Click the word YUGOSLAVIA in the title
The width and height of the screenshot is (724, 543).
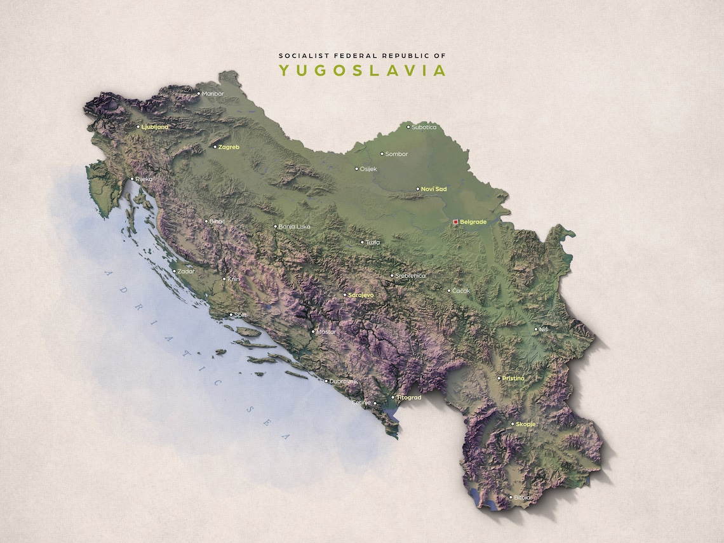click(363, 70)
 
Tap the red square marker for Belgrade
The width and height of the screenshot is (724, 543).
click(455, 222)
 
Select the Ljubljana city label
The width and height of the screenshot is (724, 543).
click(155, 127)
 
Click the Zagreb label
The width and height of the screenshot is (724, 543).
click(229, 147)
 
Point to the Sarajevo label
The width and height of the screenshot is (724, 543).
click(361, 295)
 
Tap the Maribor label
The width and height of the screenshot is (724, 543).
click(213, 93)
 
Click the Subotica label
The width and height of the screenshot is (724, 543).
click(424, 127)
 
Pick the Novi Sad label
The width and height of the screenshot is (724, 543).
click(434, 189)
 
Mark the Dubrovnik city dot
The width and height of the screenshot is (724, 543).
click(326, 381)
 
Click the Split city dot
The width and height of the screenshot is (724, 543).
click(231, 314)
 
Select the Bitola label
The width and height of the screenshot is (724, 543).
click(523, 498)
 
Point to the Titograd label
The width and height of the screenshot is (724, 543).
click(409, 398)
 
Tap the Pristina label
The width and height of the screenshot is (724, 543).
click(513, 379)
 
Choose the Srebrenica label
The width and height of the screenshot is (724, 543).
click(410, 276)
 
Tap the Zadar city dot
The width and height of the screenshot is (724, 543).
click(175, 271)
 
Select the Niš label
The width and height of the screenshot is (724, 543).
click(543, 330)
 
